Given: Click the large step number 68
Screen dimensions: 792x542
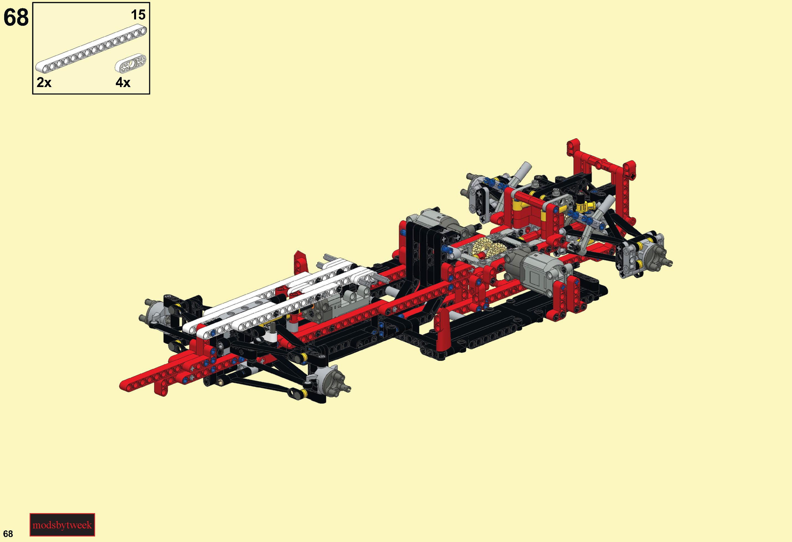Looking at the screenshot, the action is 16,17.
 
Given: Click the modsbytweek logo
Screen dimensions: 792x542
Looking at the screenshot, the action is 62,525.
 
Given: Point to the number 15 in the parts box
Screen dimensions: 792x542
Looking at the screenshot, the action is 138,15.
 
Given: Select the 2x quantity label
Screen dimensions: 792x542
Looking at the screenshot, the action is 44,83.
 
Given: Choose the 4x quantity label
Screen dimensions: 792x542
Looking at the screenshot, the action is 123,83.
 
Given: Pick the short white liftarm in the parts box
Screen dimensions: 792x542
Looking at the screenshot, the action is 131,63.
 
